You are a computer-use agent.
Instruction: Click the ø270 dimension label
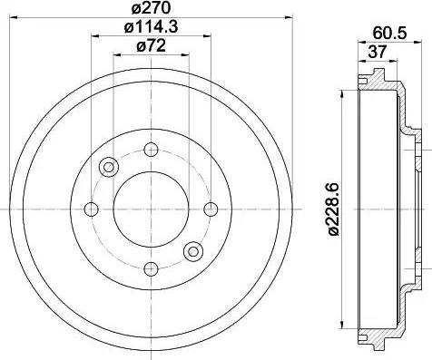(151, 7)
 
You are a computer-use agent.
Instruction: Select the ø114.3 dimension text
(151, 27)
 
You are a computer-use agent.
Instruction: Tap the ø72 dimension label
(151, 46)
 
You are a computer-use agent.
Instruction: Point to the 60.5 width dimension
(389, 33)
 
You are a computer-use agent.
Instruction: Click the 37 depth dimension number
(378, 52)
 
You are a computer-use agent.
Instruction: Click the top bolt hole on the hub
(151, 150)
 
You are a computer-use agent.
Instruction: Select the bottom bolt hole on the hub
(151, 268)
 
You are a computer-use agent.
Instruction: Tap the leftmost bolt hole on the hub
(91, 209)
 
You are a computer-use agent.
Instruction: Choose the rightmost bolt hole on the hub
(211, 209)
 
